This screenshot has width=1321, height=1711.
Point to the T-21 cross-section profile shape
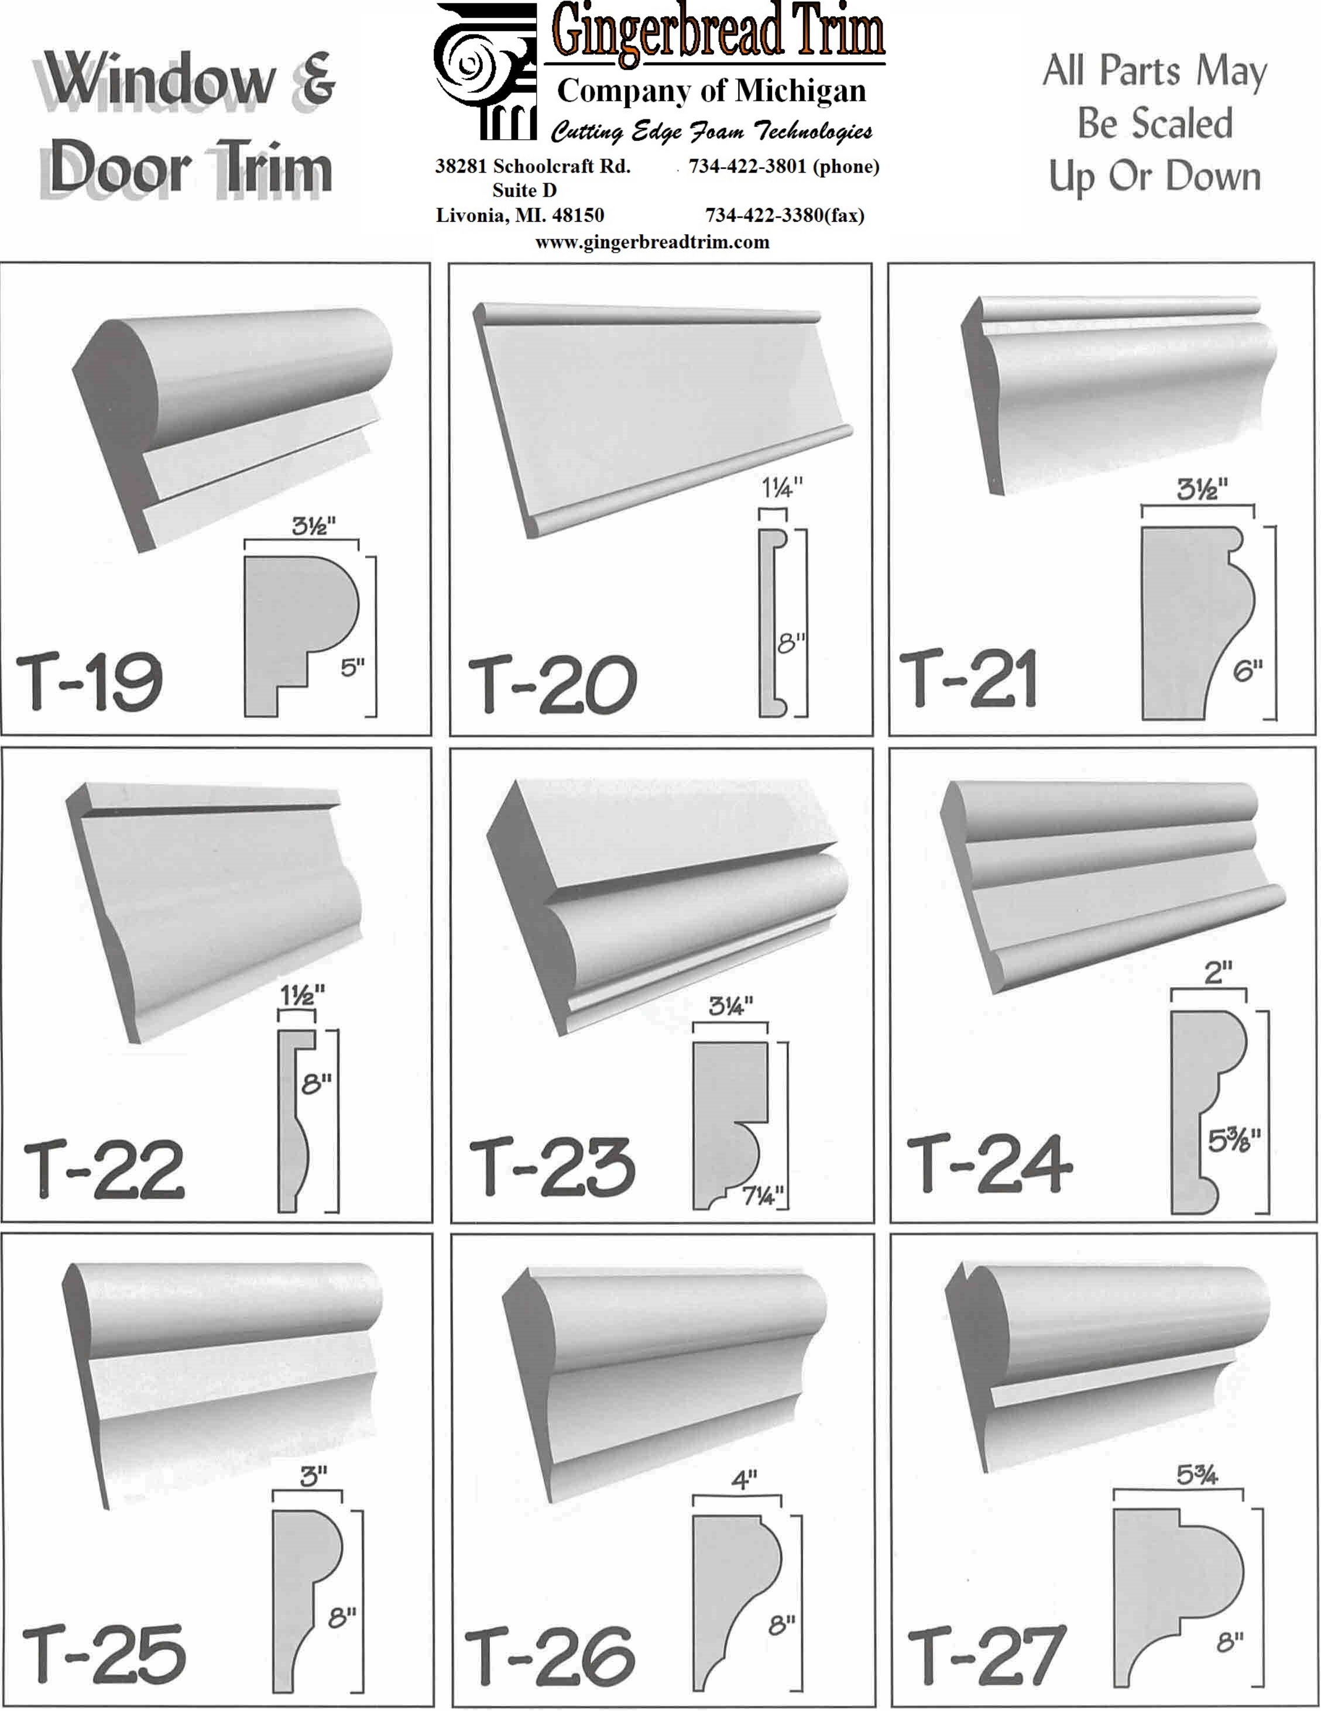1197,623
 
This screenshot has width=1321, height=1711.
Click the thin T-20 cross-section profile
773,623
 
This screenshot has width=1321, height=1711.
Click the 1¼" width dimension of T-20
782,488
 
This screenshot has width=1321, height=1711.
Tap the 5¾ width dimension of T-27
1197,1475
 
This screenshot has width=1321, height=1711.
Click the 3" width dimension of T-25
313,1477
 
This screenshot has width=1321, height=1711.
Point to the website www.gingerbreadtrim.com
653,242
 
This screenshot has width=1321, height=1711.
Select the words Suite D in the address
524,190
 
